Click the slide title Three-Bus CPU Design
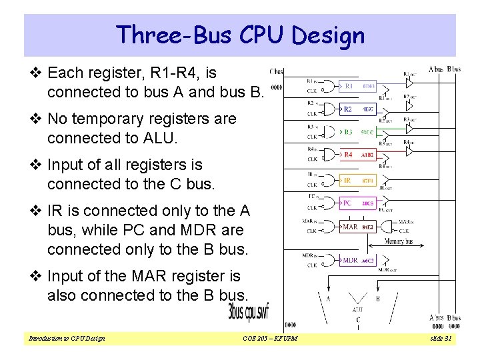(x=240, y=35)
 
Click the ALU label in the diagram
(x=357, y=310)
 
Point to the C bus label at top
(x=276, y=71)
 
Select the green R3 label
(x=349, y=132)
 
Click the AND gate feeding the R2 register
(x=329, y=109)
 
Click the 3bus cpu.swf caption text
(x=249, y=311)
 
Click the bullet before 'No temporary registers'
(x=37, y=119)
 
